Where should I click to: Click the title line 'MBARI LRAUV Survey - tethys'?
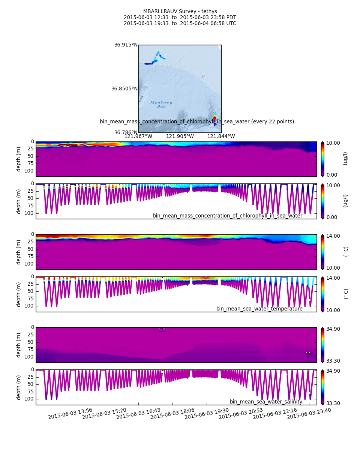pos(180,12)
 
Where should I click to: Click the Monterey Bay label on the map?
pos(161,104)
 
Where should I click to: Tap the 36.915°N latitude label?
pos(126,45)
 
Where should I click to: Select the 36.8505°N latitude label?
pos(124,89)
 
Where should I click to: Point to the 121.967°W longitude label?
pos(138,136)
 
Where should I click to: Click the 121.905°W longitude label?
pos(180,136)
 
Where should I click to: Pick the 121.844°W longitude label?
pos(221,136)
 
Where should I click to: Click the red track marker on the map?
pos(215,118)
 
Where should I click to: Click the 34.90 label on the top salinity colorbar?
pos(333,329)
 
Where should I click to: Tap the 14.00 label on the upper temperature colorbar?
pos(333,236)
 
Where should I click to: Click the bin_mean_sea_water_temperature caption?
pos(259,309)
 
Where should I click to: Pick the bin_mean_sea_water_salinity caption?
pos(266,402)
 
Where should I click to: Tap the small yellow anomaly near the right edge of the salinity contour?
pos(308,352)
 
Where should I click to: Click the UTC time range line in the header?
pos(180,24)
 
